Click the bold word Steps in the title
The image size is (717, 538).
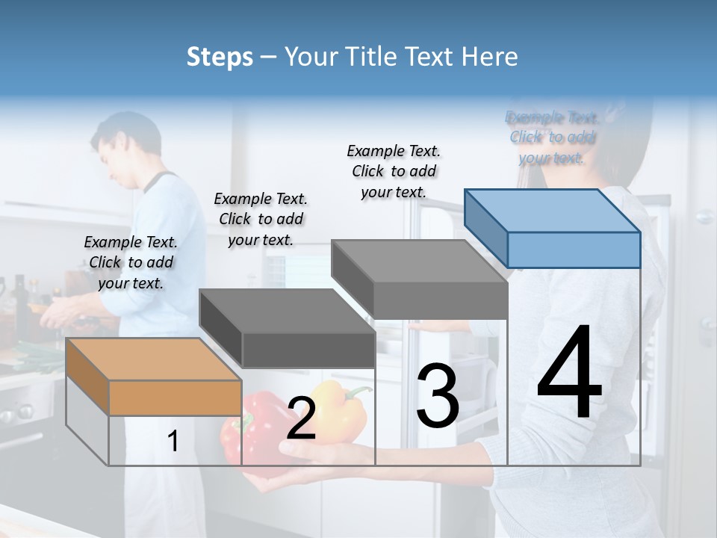[x=220, y=57]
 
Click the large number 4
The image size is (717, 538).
[x=569, y=374]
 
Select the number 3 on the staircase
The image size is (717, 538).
[x=438, y=396]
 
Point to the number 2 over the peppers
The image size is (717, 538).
[x=301, y=420]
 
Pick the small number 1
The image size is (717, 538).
[x=173, y=442]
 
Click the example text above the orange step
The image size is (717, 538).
[x=131, y=262]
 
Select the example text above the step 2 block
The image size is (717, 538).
[x=261, y=219]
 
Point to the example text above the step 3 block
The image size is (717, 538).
[x=394, y=171]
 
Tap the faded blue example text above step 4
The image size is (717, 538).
[x=552, y=137]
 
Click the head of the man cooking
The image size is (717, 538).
[x=119, y=146]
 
